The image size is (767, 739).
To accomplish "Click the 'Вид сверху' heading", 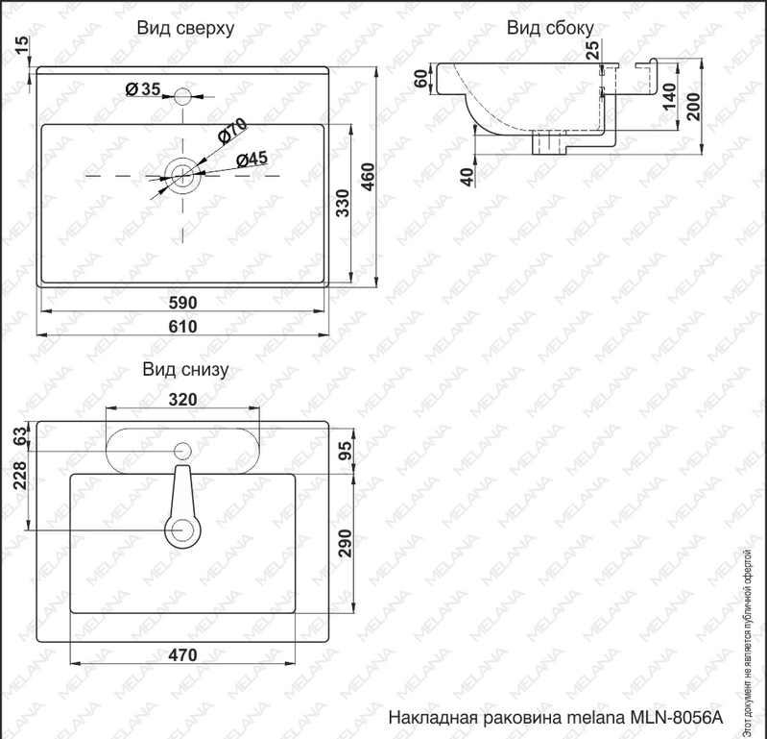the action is tap(185, 28).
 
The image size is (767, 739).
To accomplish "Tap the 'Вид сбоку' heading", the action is tap(550, 28).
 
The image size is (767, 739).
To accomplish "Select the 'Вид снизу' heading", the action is tap(185, 369).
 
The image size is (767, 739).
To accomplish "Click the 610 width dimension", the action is tap(183, 326).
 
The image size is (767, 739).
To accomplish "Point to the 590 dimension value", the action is tap(183, 303).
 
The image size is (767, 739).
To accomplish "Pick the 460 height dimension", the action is tap(369, 177).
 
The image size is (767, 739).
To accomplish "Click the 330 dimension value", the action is tap(343, 203).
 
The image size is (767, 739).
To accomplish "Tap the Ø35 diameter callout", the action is tap(143, 89).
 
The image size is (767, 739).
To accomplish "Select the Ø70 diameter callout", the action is tap(232, 131).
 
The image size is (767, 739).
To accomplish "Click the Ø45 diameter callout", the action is tap(252, 160).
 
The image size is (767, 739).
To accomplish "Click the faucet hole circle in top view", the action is tap(183, 96).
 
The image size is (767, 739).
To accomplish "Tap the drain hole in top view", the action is tap(183, 176).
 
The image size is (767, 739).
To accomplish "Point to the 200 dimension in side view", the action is tap(693, 107).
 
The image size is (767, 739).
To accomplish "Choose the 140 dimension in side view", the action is tap(669, 96).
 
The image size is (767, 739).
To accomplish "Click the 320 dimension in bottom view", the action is tap(183, 400).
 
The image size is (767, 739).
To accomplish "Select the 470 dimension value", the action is tap(183, 654).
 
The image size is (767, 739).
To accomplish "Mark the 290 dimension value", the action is tap(346, 543).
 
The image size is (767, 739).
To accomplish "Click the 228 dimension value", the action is tap(20, 476).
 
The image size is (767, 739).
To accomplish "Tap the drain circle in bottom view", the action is tap(183, 530).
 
